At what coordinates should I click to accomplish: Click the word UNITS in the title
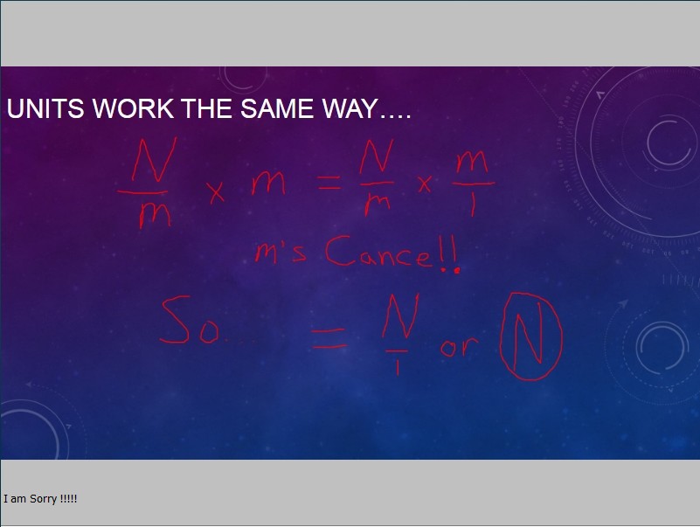(x=45, y=108)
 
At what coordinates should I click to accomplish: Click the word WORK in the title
(x=133, y=108)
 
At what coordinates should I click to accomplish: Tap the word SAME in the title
(x=277, y=108)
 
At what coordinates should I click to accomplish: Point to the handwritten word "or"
(x=459, y=346)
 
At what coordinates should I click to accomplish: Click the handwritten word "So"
(x=190, y=321)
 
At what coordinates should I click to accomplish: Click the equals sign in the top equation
(x=329, y=182)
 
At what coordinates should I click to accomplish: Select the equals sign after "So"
(x=329, y=338)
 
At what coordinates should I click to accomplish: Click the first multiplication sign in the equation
(x=217, y=192)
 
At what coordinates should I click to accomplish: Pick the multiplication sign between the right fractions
(x=425, y=184)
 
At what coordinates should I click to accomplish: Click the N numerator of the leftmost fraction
(x=153, y=160)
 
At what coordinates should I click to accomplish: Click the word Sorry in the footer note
(x=44, y=499)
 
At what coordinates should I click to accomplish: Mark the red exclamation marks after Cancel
(x=450, y=254)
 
